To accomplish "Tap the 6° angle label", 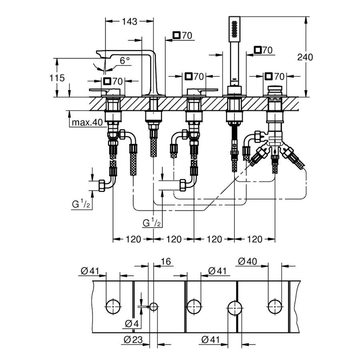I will pyautogui.click(x=125, y=60).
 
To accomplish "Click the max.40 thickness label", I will pyautogui.click(x=87, y=122).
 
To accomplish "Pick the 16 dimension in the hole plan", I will pyautogui.click(x=166, y=262).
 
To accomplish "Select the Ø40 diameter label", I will pyautogui.click(x=247, y=262).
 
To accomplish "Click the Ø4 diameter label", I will pyautogui.click(x=132, y=323).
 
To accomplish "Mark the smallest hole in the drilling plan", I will pyautogui.click(x=154, y=307).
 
